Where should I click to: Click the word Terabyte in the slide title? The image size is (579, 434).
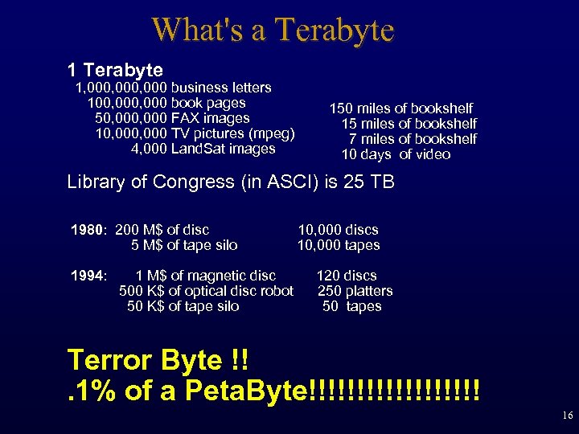(334, 31)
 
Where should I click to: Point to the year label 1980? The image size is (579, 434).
(89, 230)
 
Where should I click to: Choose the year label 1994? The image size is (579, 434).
(89, 276)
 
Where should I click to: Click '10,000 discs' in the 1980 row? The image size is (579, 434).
(338, 230)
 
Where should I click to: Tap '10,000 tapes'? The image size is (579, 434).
(338, 245)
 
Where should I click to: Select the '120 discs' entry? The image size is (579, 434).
(346, 276)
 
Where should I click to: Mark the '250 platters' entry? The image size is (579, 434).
(355, 291)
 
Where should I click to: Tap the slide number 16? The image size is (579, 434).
(568, 416)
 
